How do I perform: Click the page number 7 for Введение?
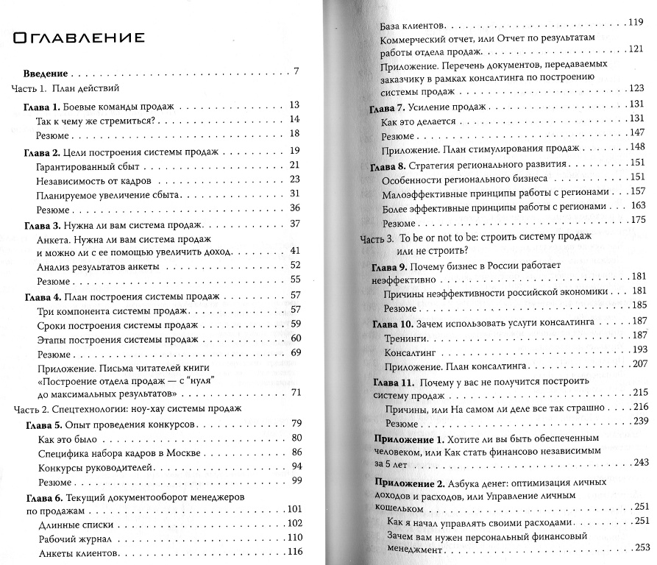point(296,73)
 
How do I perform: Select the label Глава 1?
point(42,106)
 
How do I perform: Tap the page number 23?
point(295,180)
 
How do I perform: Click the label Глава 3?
point(42,224)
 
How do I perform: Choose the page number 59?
point(296,324)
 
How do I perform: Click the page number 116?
point(294,552)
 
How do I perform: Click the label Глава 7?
point(385,107)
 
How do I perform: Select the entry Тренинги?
point(405,337)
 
